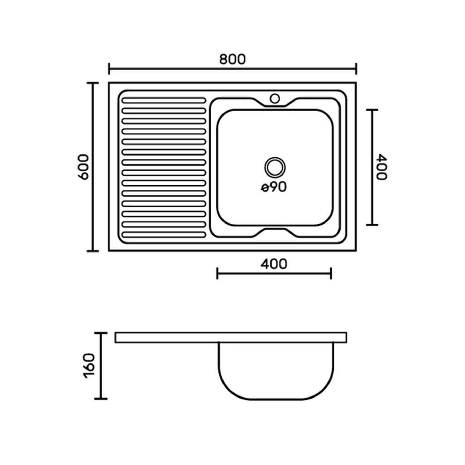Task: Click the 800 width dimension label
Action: click(x=232, y=59)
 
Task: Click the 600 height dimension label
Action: click(x=83, y=167)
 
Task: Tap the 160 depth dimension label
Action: click(x=89, y=366)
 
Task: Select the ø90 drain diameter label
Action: click(x=274, y=187)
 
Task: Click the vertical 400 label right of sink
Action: click(x=381, y=167)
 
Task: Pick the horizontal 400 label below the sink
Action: click(x=274, y=264)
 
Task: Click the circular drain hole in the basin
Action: click(x=275, y=167)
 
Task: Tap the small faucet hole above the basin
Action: click(x=275, y=99)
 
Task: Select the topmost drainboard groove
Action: click(x=163, y=100)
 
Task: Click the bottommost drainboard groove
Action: click(x=163, y=235)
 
